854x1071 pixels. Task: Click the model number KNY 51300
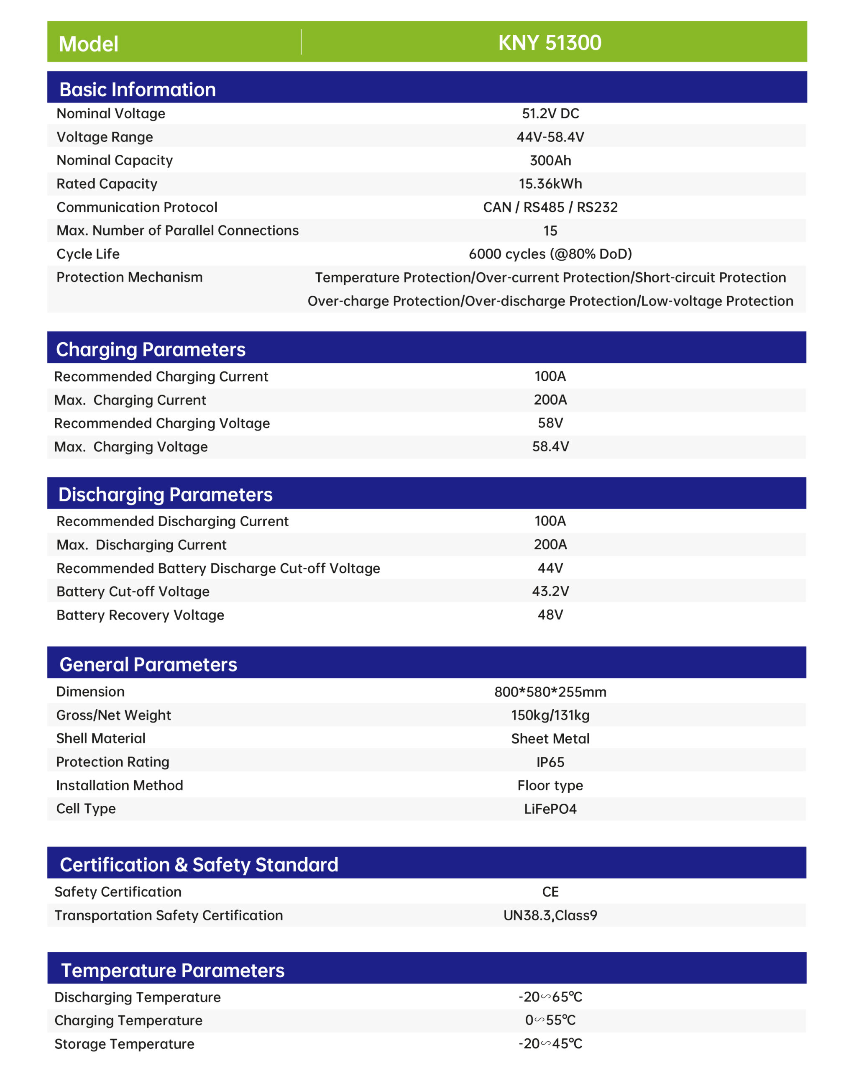[550, 43]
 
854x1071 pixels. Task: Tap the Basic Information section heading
[138, 90]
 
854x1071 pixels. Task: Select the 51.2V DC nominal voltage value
[550, 113]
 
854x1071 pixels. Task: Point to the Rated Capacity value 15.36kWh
[550, 184]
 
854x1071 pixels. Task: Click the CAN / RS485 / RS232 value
[550, 207]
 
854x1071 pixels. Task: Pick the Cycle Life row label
[88, 254]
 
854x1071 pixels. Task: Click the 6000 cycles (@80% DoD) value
[550, 254]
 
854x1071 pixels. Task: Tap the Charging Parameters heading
[151, 349]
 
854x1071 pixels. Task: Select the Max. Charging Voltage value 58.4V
[550, 446]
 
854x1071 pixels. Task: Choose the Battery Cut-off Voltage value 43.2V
[550, 591]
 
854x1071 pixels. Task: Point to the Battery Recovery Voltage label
[140, 615]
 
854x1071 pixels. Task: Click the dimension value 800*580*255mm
[550, 692]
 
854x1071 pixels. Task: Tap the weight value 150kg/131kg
[550, 715]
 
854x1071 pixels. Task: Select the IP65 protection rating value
[550, 762]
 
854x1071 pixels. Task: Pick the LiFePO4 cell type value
[550, 809]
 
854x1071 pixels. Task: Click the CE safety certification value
[550, 892]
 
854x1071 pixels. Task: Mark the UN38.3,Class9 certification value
[550, 915]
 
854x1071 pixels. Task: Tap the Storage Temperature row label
[124, 1044]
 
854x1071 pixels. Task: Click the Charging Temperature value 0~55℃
[550, 1020]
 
